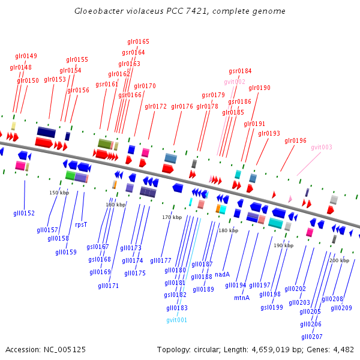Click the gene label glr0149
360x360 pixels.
pos(26,56)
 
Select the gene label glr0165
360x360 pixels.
pos(138,42)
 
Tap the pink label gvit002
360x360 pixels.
pos(235,82)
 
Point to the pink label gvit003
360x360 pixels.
pos(322,147)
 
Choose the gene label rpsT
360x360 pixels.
pos(81,225)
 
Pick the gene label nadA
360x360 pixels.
pos(222,274)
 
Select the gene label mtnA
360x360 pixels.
pos(242,298)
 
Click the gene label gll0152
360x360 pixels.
pos(24,213)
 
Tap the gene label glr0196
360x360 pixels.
pos(295,141)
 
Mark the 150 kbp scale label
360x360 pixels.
pos(59,193)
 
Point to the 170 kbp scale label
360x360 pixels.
pos(172,217)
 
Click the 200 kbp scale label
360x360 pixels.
pos(339,260)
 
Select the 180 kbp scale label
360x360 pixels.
pos(228,230)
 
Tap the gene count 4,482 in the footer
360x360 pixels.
pos(343,349)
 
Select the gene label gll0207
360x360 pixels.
pos(312,337)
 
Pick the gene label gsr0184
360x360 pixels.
pos(240,71)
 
